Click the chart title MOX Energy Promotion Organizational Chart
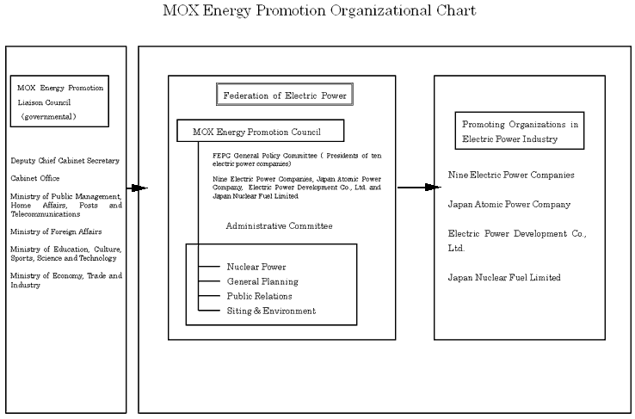tap(318, 12)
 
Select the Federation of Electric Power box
tap(285, 96)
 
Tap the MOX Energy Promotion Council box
tap(260, 131)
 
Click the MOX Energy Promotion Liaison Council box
tap(60, 102)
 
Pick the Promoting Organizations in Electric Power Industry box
tap(519, 131)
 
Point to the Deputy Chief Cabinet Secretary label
tap(65, 161)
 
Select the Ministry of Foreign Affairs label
tap(56, 231)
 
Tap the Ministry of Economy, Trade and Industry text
tap(65, 280)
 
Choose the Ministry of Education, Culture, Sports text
tap(65, 254)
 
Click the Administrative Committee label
tap(279, 225)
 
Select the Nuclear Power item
tap(256, 267)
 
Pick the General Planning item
tap(262, 281)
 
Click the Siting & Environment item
tap(271, 311)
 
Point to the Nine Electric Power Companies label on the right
tap(511, 176)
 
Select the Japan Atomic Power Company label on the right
tap(509, 205)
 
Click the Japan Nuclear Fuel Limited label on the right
tap(504, 277)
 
